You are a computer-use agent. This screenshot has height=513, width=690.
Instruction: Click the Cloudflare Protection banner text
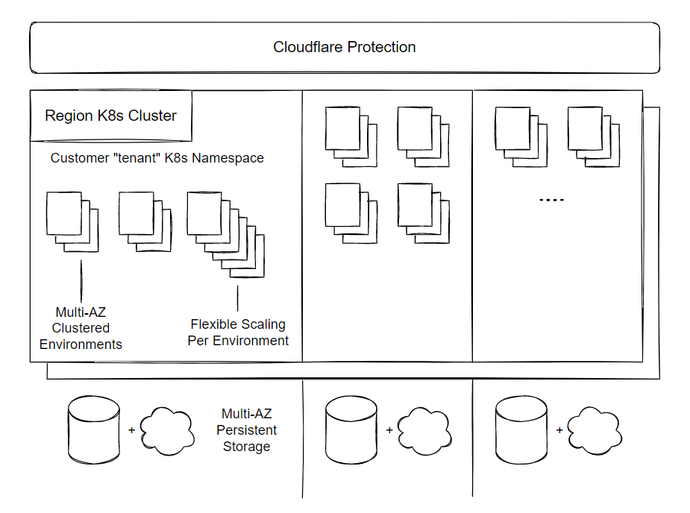(345, 48)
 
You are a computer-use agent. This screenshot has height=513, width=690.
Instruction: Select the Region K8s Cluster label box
(111, 116)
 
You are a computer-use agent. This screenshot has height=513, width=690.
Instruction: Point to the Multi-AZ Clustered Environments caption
(81, 328)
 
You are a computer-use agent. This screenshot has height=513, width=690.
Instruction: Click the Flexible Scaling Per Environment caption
(238, 333)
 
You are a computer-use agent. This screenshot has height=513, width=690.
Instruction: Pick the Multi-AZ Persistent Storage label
(247, 430)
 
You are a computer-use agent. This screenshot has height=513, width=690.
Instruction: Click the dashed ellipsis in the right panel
(551, 201)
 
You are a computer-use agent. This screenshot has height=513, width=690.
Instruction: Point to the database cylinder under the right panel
(521, 429)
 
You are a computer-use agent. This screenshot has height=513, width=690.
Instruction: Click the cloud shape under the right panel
(595, 431)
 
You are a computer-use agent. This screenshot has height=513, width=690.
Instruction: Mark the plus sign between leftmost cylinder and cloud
(131, 430)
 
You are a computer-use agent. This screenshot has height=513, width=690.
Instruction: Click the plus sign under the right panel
(559, 430)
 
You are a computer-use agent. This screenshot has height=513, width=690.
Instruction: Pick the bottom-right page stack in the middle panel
(423, 213)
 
